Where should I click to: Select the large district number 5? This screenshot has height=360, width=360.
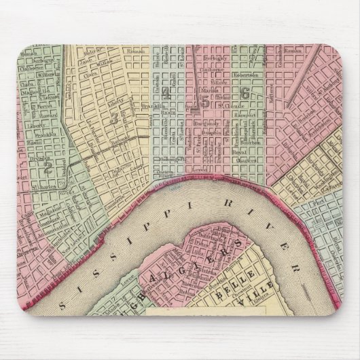coord(204,102)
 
